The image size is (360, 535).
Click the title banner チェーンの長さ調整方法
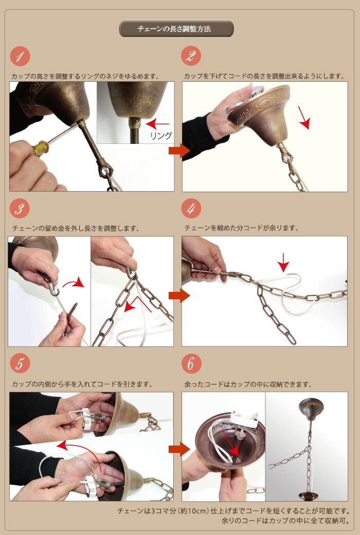point(176,29)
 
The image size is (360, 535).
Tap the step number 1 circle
point(20,57)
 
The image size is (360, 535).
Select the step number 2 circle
point(191,56)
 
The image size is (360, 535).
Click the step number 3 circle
point(20,209)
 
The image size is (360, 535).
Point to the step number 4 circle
point(191,209)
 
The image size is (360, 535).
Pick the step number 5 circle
point(20,363)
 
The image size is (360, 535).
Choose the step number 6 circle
point(191,363)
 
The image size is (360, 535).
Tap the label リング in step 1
point(161,136)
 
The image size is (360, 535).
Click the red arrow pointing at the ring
point(157,123)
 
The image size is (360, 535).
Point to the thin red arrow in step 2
point(304,118)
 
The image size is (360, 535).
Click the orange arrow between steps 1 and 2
point(179,151)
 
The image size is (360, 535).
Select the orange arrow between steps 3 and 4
point(179,296)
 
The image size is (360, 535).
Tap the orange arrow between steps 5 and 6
point(179,449)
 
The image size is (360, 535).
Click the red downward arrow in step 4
point(283,263)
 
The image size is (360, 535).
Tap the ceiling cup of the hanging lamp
point(311,409)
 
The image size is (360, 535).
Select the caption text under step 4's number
point(242,228)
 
